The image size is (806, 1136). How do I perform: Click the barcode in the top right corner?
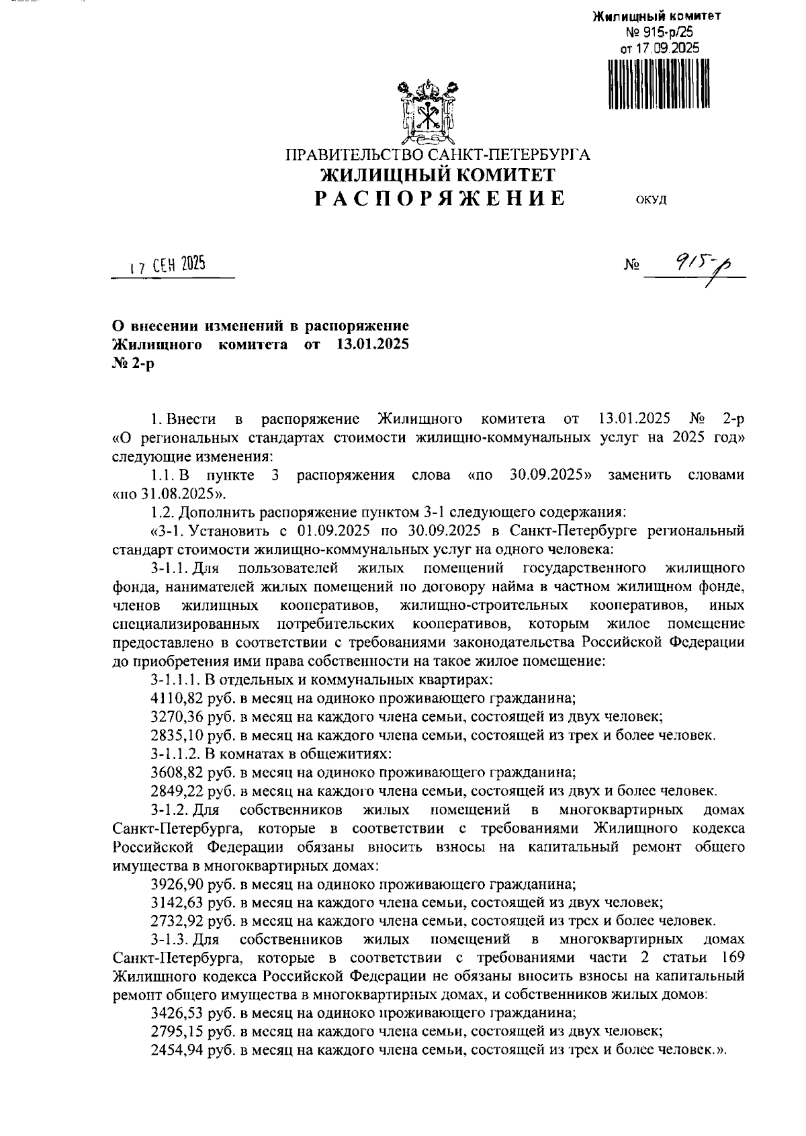pyautogui.click(x=658, y=85)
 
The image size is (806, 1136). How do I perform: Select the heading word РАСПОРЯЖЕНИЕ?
pyautogui.click(x=441, y=198)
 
